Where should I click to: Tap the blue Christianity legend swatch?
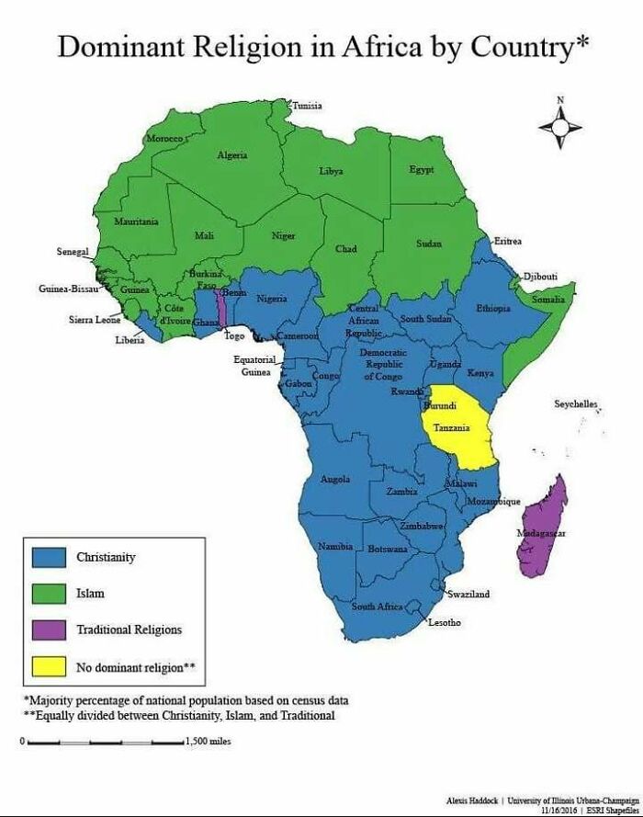[50, 557]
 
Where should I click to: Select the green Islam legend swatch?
[50, 593]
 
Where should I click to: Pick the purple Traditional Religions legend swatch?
[50, 630]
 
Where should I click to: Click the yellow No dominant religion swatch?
[50, 666]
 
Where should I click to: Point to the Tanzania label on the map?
[452, 428]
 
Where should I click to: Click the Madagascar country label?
[541, 534]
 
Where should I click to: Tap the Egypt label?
[422, 170]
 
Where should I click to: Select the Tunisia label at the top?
[307, 106]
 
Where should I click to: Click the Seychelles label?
[575, 404]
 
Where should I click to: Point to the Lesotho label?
[445, 623]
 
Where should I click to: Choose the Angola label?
[334, 479]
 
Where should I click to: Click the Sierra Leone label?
[95, 320]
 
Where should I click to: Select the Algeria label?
[231, 155]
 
